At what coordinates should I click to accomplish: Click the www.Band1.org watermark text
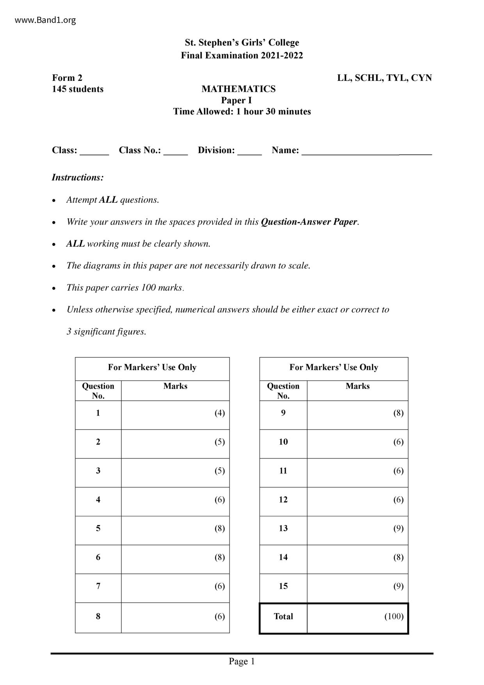click(x=45, y=20)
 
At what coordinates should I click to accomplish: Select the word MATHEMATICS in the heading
click(x=238, y=89)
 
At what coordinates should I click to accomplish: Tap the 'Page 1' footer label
click(x=242, y=661)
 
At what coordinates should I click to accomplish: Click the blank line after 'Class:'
click(x=94, y=153)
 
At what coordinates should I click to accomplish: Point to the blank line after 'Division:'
click(x=249, y=153)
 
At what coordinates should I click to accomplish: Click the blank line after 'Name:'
click(x=367, y=153)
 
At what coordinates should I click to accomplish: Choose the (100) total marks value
click(x=394, y=616)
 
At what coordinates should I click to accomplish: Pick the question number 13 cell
click(x=283, y=528)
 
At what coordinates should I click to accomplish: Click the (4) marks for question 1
click(x=220, y=413)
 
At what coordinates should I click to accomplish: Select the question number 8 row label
click(x=98, y=616)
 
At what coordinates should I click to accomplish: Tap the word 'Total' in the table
click(x=283, y=616)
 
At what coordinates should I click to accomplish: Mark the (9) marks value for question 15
click(x=398, y=586)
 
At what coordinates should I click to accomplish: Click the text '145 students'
click(x=78, y=89)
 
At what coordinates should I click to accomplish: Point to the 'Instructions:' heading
click(x=78, y=177)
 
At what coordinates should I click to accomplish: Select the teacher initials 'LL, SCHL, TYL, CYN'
click(x=384, y=78)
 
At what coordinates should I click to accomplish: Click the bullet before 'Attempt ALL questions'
click(x=54, y=200)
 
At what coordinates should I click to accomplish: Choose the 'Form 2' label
click(x=67, y=78)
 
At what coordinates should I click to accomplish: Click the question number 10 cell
click(x=283, y=442)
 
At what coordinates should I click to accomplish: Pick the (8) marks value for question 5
click(x=220, y=528)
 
